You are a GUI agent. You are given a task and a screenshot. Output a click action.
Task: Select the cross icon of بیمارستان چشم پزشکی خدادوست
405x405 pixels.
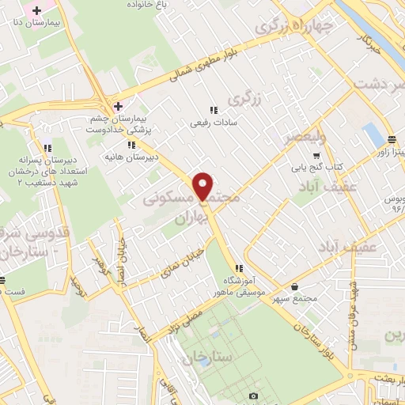[118, 106]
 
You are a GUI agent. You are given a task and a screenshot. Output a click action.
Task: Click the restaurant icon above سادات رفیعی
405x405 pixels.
[212, 111]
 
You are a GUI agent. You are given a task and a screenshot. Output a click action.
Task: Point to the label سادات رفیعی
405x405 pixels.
[211, 123]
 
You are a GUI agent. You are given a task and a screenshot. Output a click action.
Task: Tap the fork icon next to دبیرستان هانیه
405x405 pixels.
[131, 145]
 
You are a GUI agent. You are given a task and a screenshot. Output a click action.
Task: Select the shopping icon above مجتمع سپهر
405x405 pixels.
[296, 287]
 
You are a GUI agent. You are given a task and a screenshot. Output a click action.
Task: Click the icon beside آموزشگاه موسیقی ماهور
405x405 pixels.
[239, 269]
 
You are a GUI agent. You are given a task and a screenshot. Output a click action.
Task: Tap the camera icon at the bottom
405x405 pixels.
[253, 396]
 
